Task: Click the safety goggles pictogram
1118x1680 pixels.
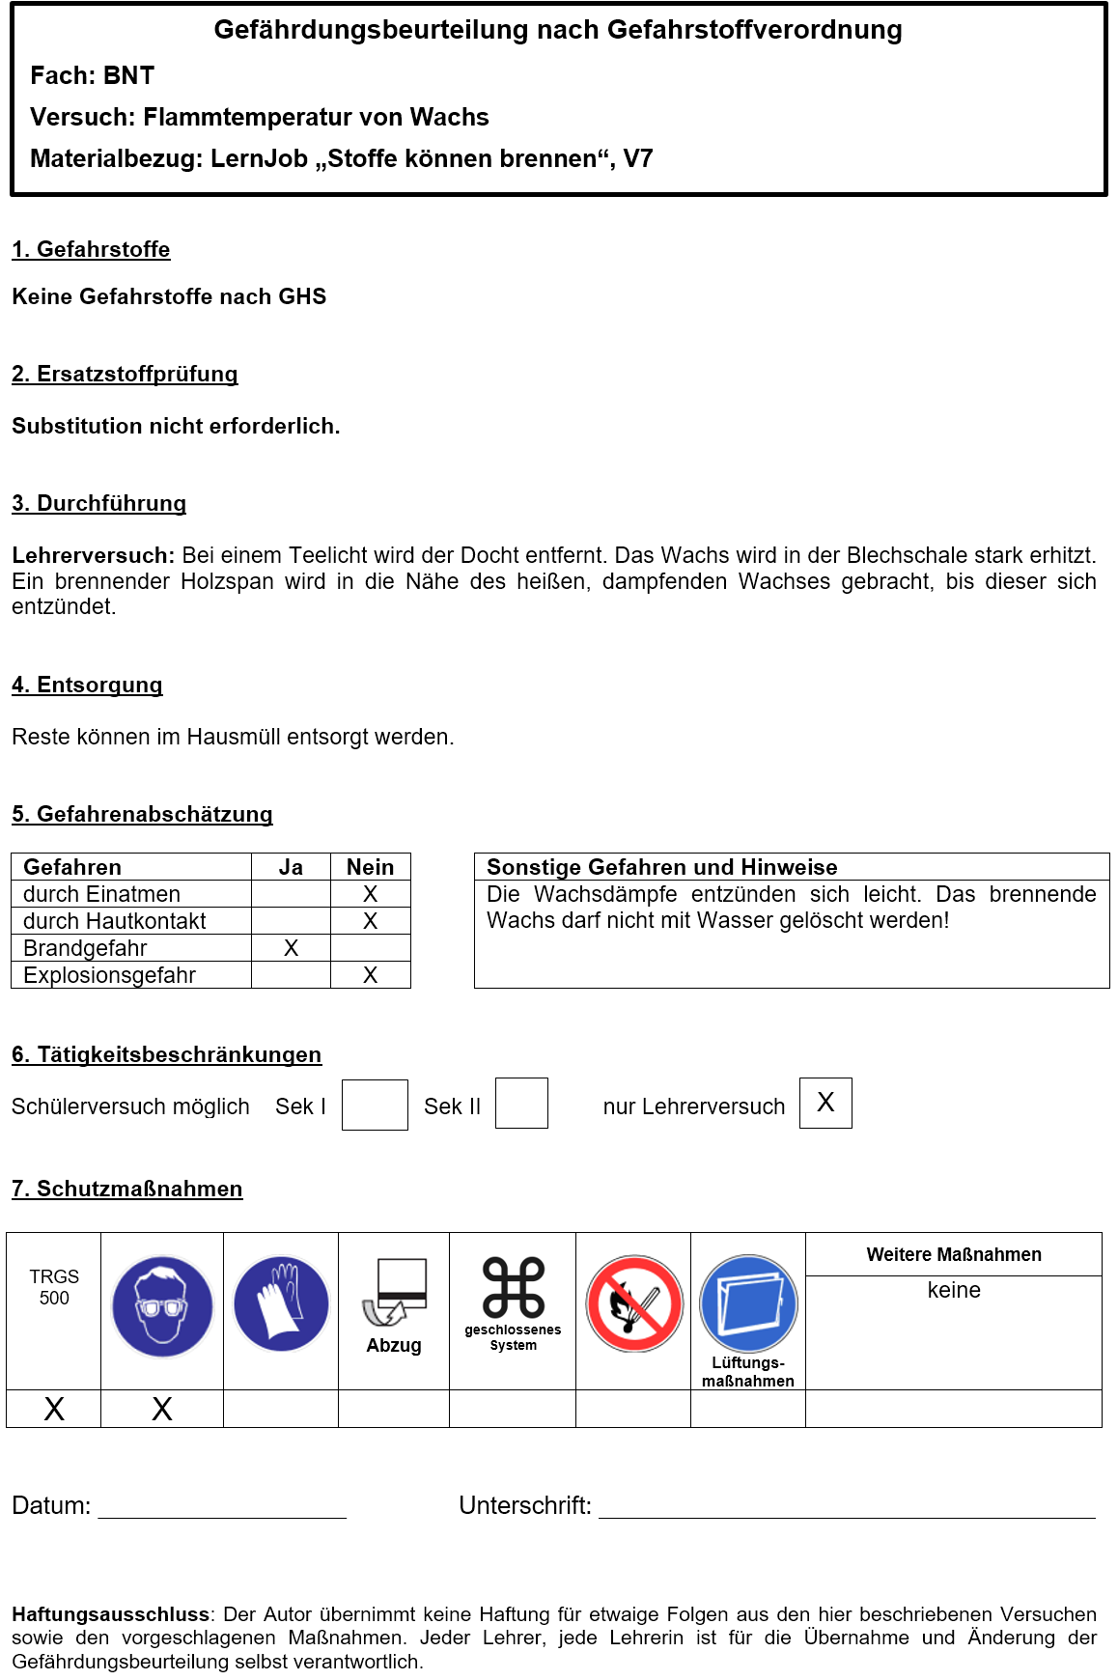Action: click(162, 1305)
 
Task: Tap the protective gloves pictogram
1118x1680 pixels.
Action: click(281, 1304)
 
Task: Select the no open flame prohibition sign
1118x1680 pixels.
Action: click(634, 1303)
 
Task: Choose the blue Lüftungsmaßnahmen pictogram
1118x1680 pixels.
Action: click(748, 1303)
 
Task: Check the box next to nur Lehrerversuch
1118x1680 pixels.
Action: click(825, 1103)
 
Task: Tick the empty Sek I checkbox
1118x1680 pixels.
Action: click(375, 1105)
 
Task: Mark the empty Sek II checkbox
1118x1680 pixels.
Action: click(521, 1104)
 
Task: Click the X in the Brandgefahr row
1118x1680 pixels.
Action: click(291, 948)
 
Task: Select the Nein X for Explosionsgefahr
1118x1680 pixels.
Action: click(370, 975)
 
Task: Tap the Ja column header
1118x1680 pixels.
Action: click(291, 867)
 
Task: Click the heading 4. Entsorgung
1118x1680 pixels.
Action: click(87, 685)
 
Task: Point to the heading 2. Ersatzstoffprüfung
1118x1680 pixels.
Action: click(125, 374)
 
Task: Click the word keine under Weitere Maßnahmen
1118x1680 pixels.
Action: click(954, 1290)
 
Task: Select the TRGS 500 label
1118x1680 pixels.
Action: click(54, 1287)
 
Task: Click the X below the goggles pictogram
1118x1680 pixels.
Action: click(162, 1409)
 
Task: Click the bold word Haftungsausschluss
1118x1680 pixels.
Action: click(110, 1614)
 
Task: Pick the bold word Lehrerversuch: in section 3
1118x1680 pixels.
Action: click(93, 555)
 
